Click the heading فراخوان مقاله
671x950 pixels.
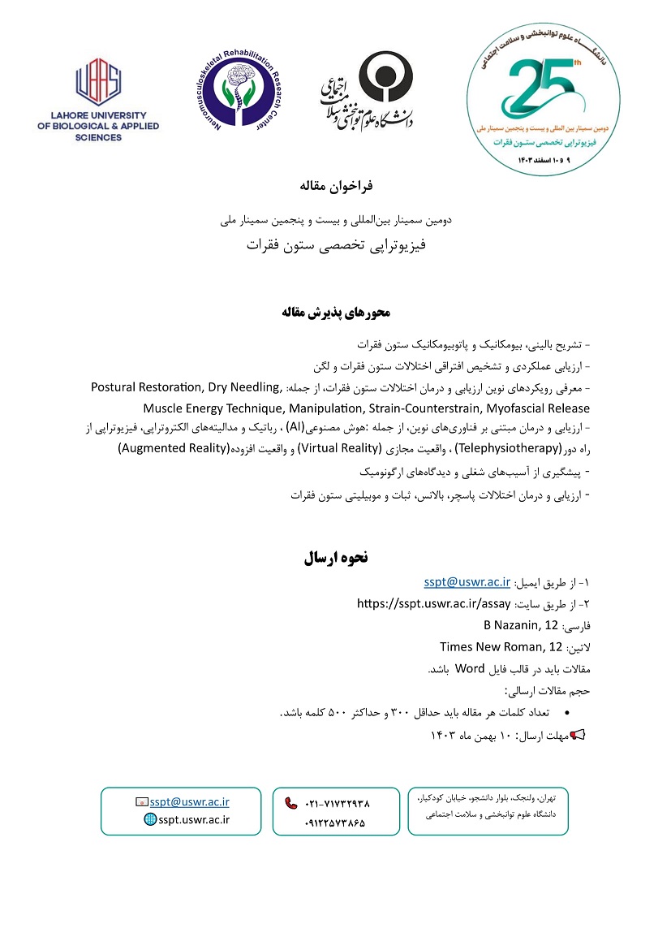click(x=335, y=186)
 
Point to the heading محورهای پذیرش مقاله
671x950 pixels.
click(x=335, y=312)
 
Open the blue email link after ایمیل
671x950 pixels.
click(x=467, y=581)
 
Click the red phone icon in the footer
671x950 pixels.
click(x=291, y=803)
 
